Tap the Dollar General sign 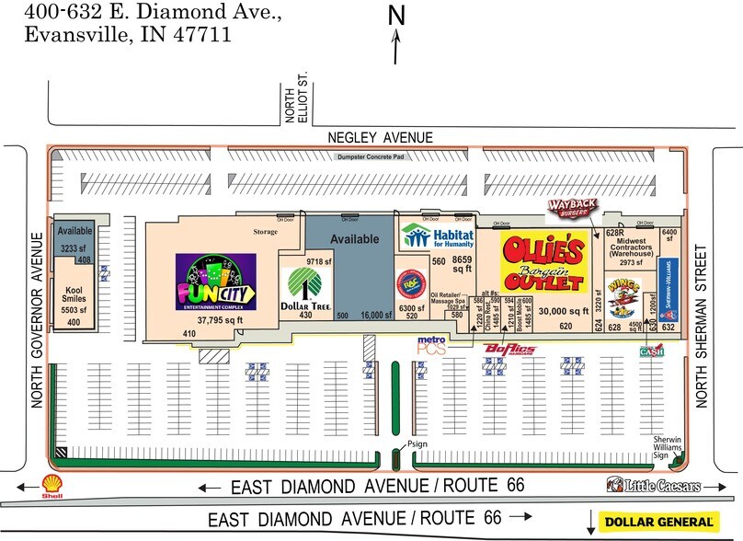pyautogui.click(x=657, y=521)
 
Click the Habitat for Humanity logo pyautogui.click(x=437, y=236)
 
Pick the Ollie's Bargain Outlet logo pyautogui.click(x=544, y=262)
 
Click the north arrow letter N pyautogui.click(x=396, y=16)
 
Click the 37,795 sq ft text pyautogui.click(x=213, y=320)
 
